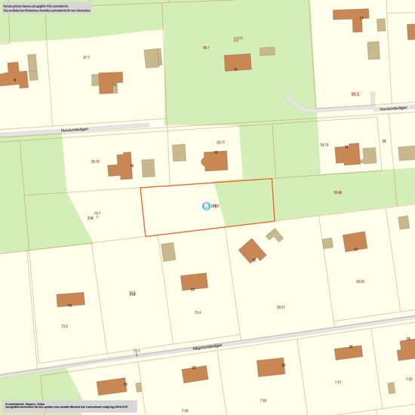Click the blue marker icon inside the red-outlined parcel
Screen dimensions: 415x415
click(206, 205)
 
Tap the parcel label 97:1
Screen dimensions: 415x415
click(86, 57)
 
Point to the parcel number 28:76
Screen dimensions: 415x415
click(95, 161)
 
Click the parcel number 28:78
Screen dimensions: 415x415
click(324, 144)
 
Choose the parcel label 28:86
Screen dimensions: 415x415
click(337, 192)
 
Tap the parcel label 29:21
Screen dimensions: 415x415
click(281, 307)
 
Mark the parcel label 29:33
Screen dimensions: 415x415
click(360, 281)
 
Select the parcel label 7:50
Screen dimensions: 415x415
click(263, 400)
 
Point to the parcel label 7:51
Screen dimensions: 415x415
click(338, 383)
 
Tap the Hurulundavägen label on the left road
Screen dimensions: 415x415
click(76, 129)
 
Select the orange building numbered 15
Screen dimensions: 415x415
click(238, 62)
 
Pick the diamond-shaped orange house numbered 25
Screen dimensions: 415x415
click(252, 251)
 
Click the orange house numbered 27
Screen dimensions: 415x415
click(355, 241)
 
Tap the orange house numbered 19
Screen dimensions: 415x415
click(70, 300)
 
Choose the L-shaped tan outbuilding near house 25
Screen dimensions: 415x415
click(275, 235)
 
